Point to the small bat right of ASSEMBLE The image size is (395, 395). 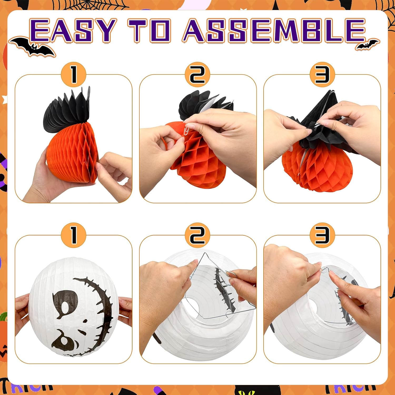(367, 45)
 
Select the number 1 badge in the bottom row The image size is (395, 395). (74, 235)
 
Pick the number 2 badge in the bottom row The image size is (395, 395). (197, 235)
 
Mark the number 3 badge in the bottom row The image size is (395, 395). (322, 235)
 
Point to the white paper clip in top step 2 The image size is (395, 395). (187, 131)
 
